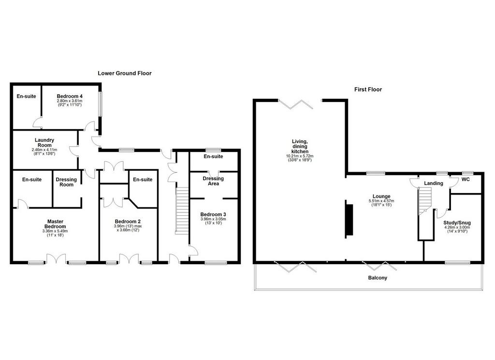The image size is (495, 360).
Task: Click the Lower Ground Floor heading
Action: [x=125, y=74]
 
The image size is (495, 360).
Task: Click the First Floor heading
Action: [x=368, y=90]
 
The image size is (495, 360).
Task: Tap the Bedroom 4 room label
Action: [x=70, y=96]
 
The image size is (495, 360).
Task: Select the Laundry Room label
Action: [x=44, y=143]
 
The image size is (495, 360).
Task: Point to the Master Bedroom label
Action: [x=55, y=224]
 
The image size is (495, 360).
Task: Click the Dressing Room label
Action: [x=66, y=182]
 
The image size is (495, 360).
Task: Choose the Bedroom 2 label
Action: [x=128, y=222]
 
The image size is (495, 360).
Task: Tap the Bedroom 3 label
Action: [x=213, y=215]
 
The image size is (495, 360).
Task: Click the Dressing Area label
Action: [x=213, y=181]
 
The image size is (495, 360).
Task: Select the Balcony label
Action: [x=378, y=278]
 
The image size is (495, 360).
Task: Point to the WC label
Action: [x=466, y=180]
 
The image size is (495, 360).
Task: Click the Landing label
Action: [x=434, y=183]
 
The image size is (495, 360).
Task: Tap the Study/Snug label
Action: [x=457, y=223]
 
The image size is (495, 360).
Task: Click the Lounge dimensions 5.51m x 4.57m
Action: [x=381, y=201]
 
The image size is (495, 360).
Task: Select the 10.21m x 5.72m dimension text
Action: [x=300, y=156]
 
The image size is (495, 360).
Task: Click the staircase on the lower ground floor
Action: [x=182, y=210]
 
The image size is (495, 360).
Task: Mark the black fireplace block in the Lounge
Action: [x=349, y=220]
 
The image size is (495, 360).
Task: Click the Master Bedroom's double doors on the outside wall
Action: [x=56, y=258]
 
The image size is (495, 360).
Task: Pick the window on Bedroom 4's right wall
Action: [x=101, y=104]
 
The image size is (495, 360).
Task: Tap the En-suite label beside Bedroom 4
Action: [x=26, y=96]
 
